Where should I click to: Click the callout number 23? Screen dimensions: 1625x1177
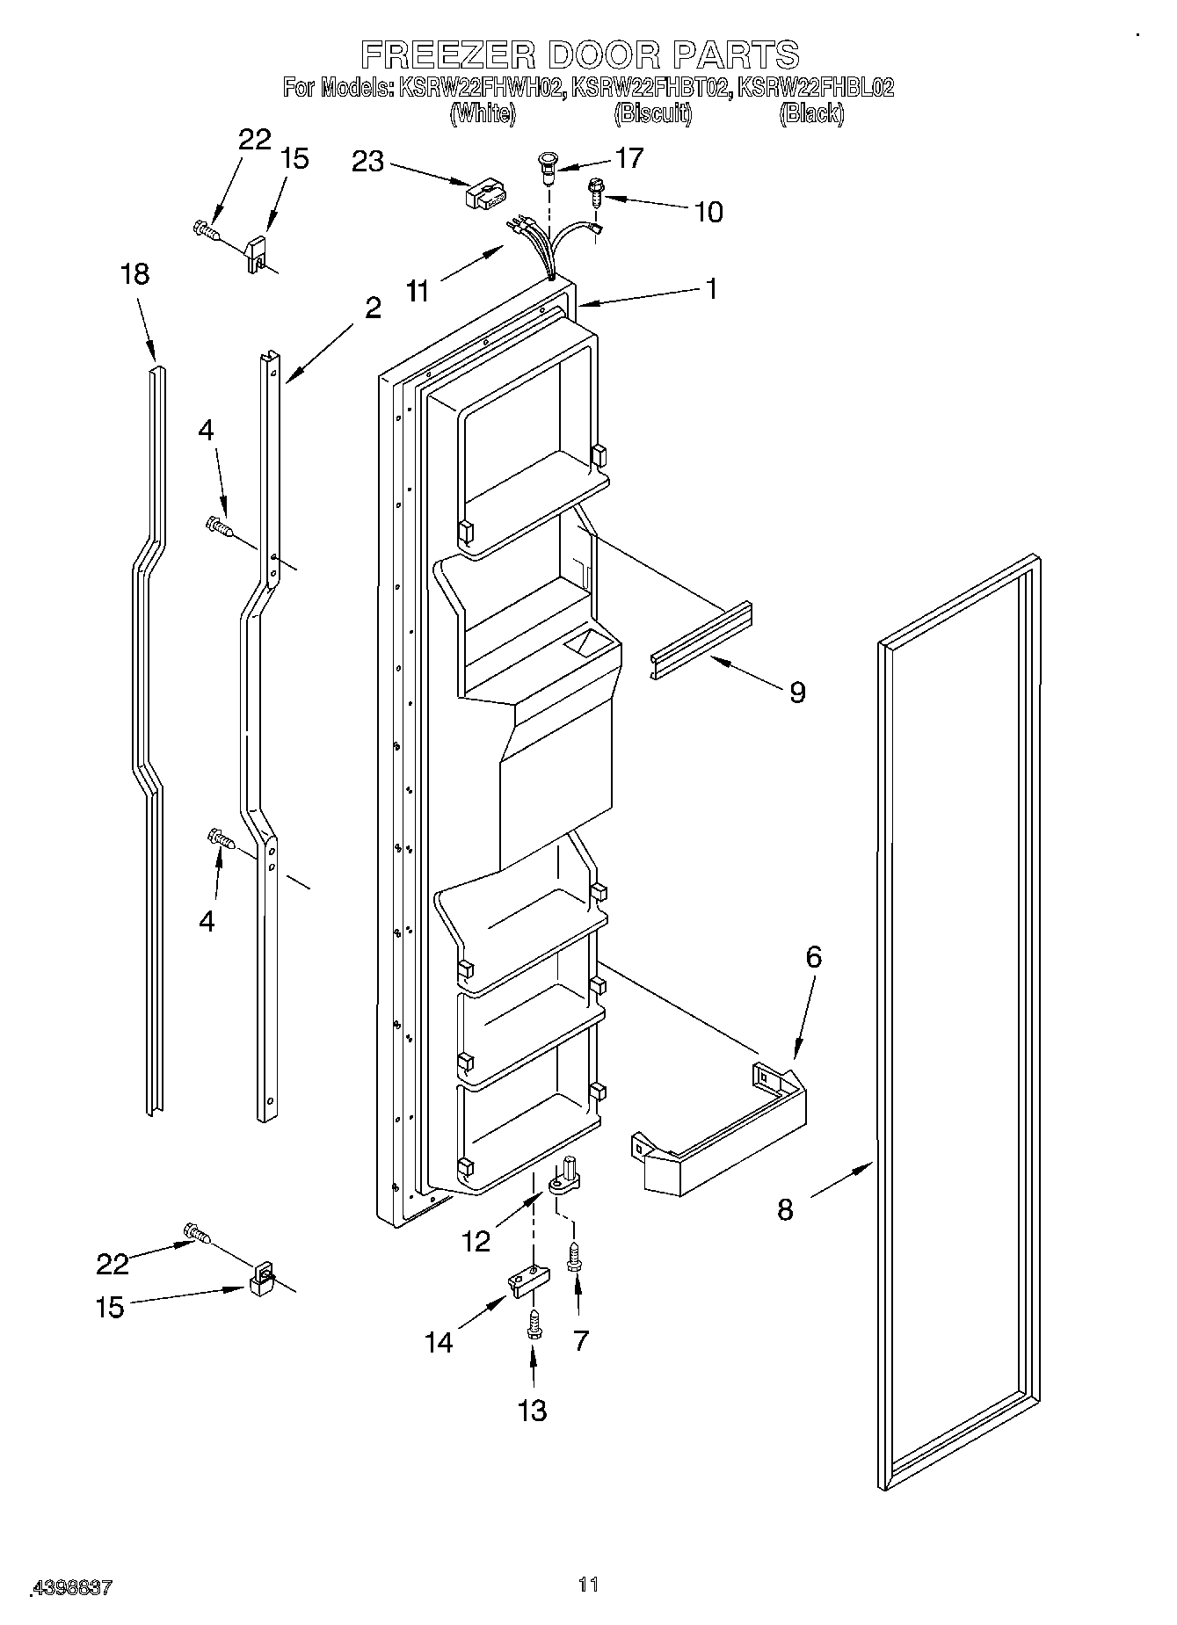[x=368, y=162]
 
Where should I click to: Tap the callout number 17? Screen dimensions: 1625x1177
[x=630, y=158]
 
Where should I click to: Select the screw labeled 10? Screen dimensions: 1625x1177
[x=596, y=191]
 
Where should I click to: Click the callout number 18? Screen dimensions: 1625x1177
[x=134, y=275]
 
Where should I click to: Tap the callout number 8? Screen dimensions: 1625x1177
[x=785, y=1210]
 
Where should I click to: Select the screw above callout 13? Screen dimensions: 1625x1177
[x=533, y=1325]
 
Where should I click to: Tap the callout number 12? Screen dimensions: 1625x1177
[x=476, y=1241]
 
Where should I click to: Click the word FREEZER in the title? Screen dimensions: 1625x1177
[x=448, y=54]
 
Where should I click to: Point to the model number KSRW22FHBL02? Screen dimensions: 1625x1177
[x=815, y=87]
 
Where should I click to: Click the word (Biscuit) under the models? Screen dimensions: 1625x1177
[x=652, y=113]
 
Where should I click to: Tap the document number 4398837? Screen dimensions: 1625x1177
[x=71, y=1588]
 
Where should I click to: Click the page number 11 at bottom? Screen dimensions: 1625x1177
[x=588, y=1584]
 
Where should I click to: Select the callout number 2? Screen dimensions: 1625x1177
[x=373, y=308]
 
